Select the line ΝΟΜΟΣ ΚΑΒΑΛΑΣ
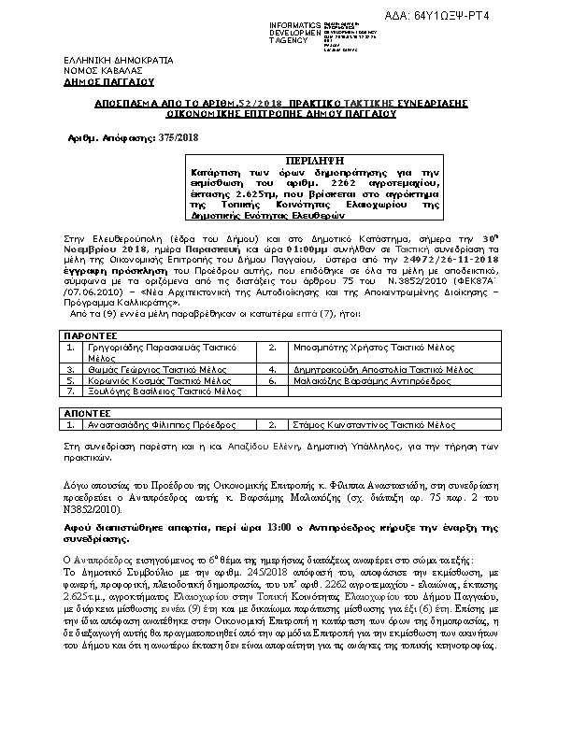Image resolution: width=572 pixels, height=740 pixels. [x=90, y=70]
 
